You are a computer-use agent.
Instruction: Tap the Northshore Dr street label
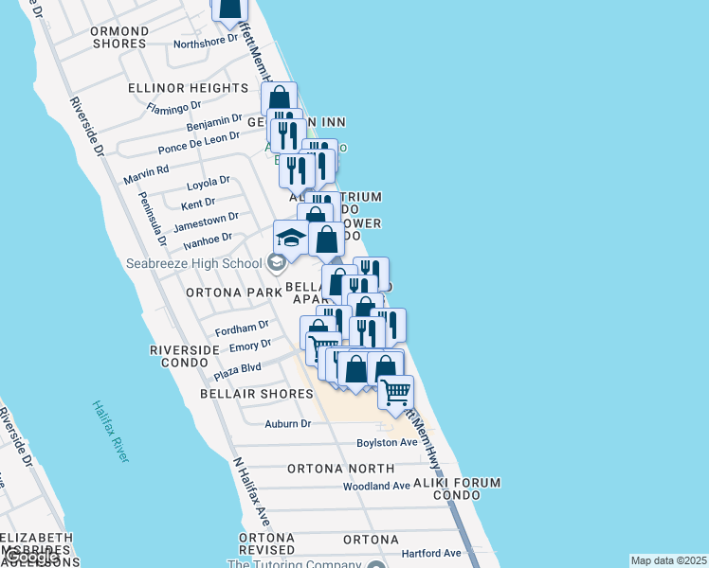206,41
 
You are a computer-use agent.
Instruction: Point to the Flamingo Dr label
174,107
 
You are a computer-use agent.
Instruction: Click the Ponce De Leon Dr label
199,142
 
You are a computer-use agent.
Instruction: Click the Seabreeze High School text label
194,262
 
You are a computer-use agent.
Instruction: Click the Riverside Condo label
185,356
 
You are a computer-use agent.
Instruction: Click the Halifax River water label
111,431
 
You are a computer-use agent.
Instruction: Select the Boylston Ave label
387,442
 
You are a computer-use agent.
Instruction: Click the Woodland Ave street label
376,486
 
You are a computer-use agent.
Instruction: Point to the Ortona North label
340,469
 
